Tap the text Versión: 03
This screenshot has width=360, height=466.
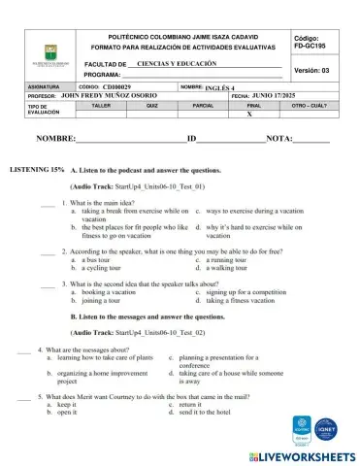(x=311, y=71)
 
